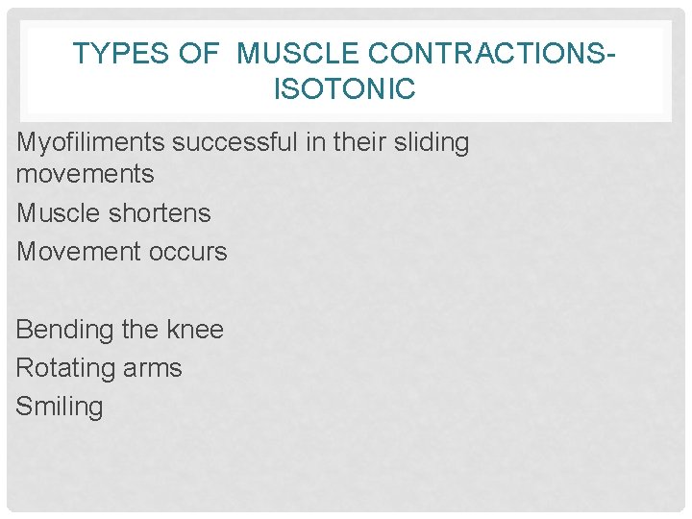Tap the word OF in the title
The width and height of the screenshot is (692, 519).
(199, 55)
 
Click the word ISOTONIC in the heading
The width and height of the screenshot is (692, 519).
(345, 90)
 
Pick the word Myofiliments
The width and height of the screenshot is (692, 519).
(91, 143)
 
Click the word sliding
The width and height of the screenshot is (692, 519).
(434, 143)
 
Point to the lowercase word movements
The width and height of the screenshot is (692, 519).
(85, 174)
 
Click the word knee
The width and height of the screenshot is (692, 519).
(195, 330)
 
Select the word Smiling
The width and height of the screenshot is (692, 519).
(59, 407)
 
